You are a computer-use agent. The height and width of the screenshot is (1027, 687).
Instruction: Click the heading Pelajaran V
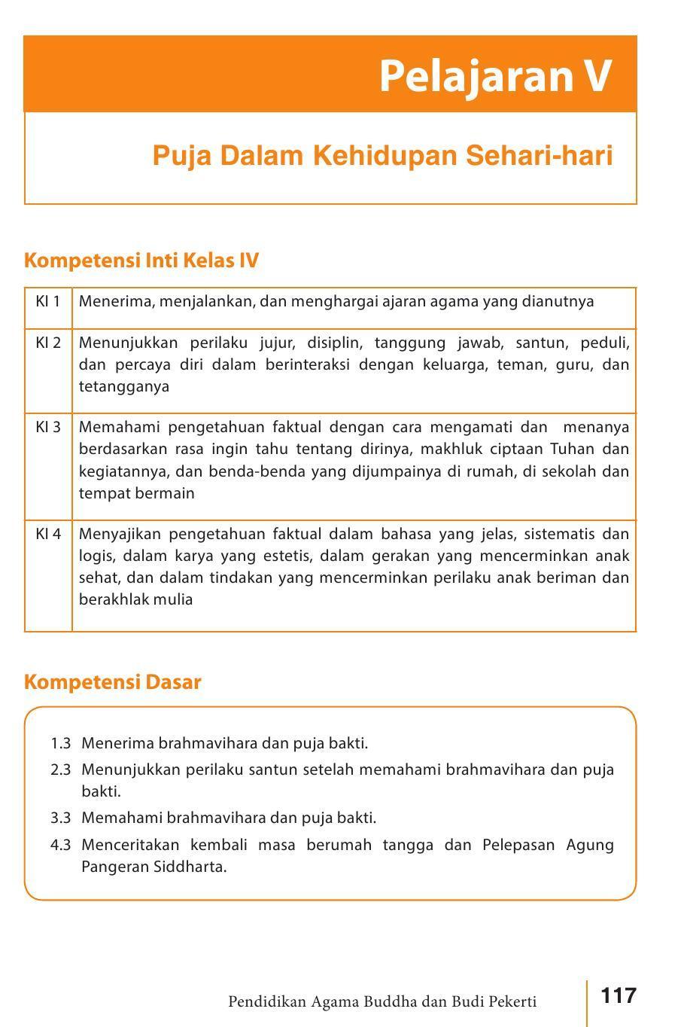tap(494, 75)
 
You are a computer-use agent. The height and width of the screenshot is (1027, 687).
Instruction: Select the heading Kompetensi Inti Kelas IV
tap(141, 261)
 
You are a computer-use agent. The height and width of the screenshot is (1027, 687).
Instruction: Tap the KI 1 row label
tap(47, 301)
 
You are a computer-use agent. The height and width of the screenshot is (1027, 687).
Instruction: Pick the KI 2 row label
tap(47, 343)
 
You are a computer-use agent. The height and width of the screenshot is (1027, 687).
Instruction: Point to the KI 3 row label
tap(47, 427)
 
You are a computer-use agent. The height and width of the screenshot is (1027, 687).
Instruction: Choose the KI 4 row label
tap(47, 534)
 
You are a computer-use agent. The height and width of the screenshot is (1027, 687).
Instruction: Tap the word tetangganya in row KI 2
tap(123, 386)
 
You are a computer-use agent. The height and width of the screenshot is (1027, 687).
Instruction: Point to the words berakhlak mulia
tap(135, 599)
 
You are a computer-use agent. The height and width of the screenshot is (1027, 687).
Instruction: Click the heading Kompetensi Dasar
tap(113, 682)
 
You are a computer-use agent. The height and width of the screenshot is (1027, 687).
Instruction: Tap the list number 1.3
tap(61, 743)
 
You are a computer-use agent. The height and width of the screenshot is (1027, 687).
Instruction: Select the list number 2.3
tap(61, 769)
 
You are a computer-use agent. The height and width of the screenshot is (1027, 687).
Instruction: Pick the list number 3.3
tap(61, 818)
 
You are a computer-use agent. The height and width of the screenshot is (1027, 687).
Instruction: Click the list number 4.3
tap(61, 844)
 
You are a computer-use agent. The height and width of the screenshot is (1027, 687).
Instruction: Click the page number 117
tap(619, 996)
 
